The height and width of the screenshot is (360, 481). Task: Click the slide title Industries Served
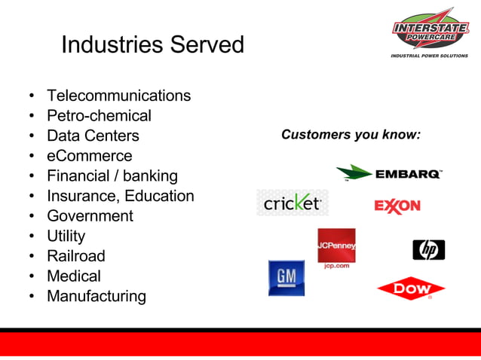152,44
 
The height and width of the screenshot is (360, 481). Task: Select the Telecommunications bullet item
118,96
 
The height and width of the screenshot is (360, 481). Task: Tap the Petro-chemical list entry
99,116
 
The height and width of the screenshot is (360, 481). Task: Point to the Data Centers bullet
93,136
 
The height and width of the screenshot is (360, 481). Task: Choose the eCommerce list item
89,156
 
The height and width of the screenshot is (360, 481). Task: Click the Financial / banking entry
112,176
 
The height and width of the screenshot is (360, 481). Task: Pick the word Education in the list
159,196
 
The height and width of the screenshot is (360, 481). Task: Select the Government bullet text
90,216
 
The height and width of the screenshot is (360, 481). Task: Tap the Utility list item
66,236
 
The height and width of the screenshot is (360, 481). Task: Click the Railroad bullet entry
76,256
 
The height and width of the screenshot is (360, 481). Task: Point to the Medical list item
74,276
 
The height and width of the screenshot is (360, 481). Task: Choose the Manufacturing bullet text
97,296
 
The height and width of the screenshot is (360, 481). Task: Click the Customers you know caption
351,135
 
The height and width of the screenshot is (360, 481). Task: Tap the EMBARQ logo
389,174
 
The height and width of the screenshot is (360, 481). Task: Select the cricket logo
293,203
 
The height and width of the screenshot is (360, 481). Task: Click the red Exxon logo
397,206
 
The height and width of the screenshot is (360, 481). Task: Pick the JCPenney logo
336,249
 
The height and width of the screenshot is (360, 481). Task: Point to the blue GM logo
286,278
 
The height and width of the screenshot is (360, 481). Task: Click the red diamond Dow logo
411,288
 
